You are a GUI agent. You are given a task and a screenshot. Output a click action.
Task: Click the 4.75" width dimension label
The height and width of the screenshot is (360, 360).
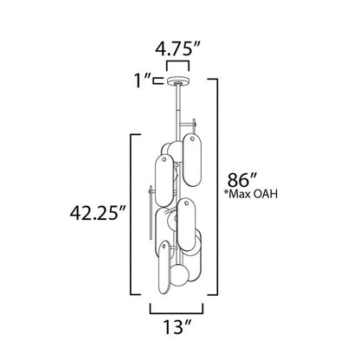[177, 49]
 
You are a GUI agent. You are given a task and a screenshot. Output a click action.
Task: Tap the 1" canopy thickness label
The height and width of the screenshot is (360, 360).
[142, 80]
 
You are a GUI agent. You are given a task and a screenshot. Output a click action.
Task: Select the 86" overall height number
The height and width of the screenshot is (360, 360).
[242, 180]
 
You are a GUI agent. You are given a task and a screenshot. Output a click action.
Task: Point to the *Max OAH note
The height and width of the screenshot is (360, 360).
[251, 194]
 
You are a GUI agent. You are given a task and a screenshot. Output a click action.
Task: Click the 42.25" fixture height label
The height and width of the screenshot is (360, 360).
[99, 213]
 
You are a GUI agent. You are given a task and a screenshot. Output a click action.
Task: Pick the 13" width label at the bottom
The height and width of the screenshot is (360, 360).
[178, 327]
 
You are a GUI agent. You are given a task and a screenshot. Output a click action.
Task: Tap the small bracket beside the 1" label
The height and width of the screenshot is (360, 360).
[158, 80]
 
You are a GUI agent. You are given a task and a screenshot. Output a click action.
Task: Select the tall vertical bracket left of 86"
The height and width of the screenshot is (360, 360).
[216, 187]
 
